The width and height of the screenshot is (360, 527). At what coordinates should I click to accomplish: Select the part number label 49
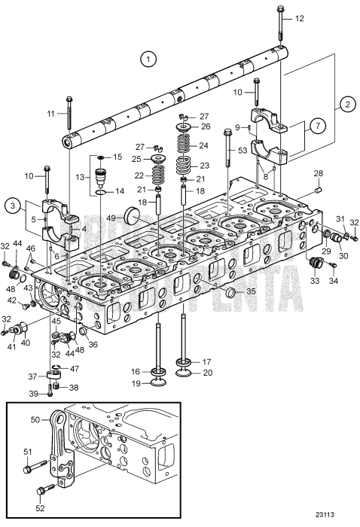(x=111, y=218)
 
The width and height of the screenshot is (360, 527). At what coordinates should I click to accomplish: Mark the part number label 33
(x=313, y=281)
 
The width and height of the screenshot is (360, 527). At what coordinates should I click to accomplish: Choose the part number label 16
(x=136, y=370)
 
